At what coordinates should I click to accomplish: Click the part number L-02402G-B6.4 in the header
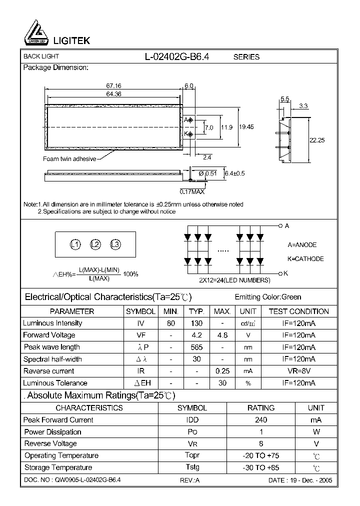point(177,56)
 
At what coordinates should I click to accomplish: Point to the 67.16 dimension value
point(113,86)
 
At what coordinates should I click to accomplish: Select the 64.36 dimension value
point(113,94)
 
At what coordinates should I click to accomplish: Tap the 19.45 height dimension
point(246,127)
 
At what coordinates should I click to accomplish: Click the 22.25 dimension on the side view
point(317,140)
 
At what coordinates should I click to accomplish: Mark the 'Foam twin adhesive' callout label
point(69,159)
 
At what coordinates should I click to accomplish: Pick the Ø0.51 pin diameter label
point(207,173)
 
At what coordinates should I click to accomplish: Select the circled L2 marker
point(95,244)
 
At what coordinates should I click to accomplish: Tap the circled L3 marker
point(115,244)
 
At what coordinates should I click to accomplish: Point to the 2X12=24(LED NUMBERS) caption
point(234,280)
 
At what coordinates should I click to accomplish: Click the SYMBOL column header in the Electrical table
point(140,311)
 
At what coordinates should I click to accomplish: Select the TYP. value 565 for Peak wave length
point(196,347)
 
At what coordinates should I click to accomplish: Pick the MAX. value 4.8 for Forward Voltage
point(222,335)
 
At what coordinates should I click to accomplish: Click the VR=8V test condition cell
point(298,371)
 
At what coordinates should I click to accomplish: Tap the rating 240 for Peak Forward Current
point(261,420)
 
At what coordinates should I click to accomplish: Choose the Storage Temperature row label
point(58,467)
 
